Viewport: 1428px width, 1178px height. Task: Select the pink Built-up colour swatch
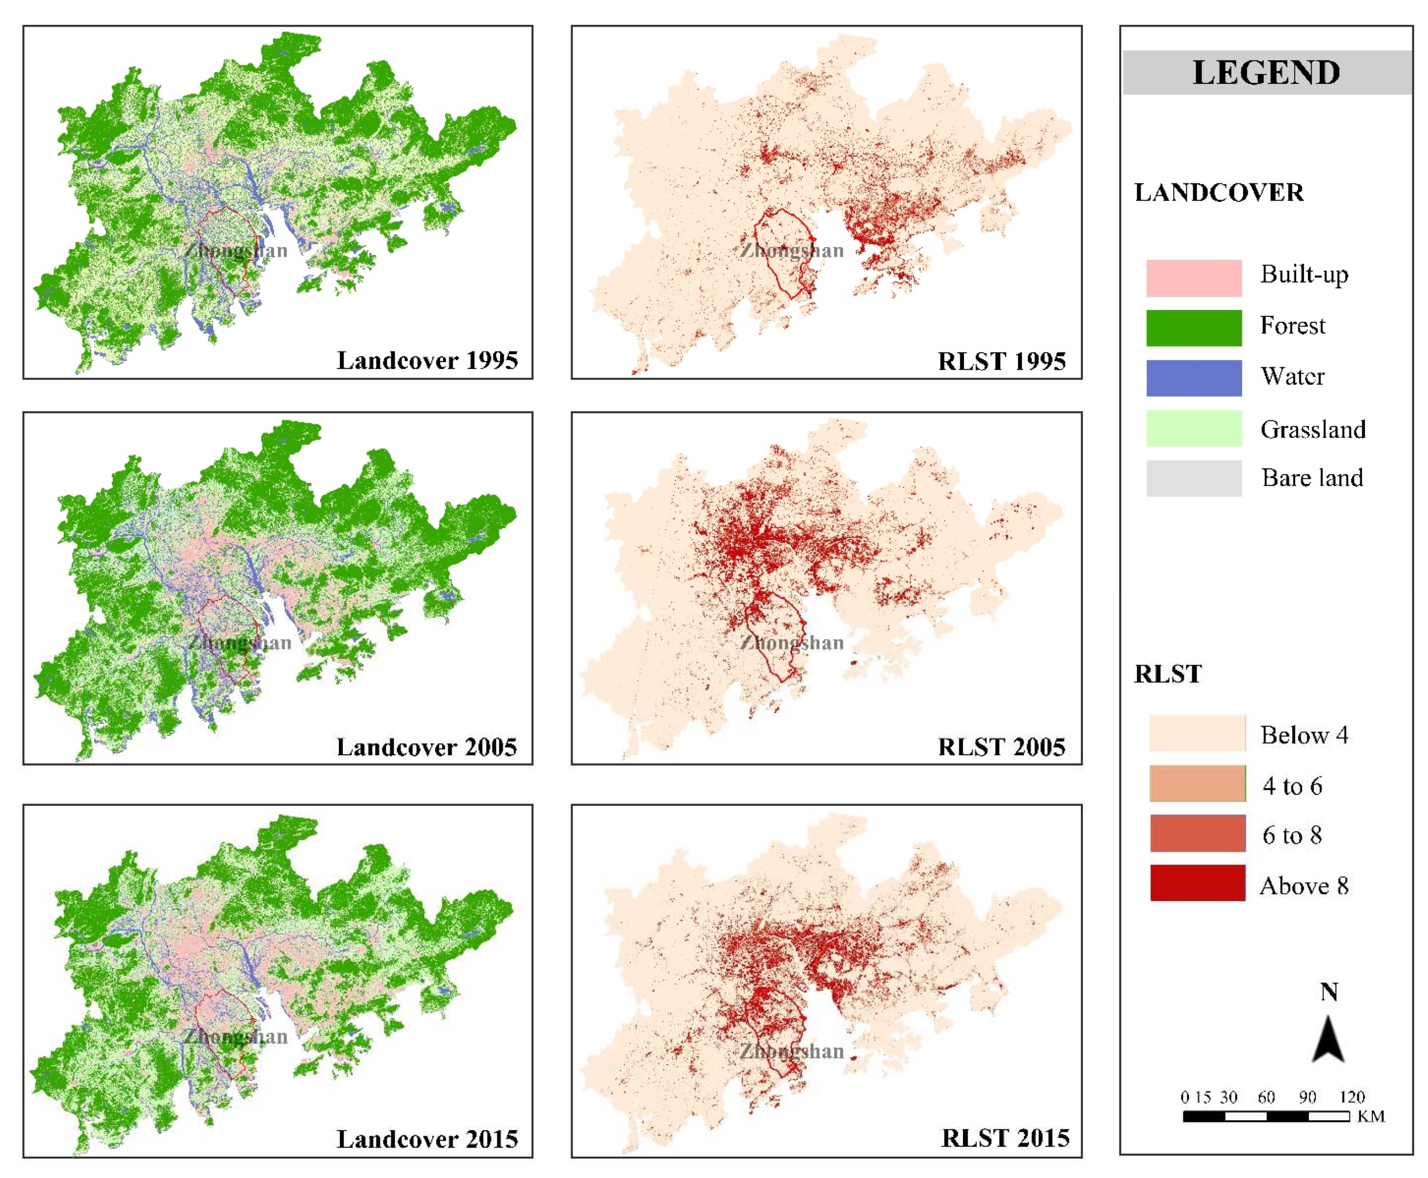1193,278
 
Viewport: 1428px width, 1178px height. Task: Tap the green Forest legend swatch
1193,328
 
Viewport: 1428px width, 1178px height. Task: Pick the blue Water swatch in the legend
1193,378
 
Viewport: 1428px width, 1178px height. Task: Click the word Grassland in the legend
1312,429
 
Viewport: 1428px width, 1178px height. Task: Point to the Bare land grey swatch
1193,478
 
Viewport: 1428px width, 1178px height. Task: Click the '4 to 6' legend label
1292,785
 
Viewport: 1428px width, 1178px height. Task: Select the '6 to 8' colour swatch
1197,833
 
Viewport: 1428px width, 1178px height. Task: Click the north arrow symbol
1328,1038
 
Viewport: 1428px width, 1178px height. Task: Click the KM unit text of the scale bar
1370,1116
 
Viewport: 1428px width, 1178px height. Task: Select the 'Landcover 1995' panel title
427,360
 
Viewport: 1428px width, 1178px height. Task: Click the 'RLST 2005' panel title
1001,747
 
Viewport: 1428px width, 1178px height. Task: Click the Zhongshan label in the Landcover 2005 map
239,642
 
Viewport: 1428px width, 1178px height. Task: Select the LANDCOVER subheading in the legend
1218,192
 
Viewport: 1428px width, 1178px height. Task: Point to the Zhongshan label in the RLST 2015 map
792,1051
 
